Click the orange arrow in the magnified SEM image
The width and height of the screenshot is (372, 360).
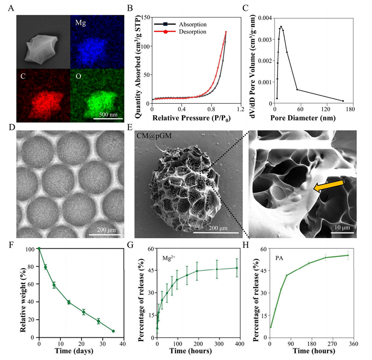tap(329, 187)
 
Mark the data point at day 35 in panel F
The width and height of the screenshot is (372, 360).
tap(113, 331)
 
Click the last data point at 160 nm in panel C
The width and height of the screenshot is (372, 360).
tap(342, 101)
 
